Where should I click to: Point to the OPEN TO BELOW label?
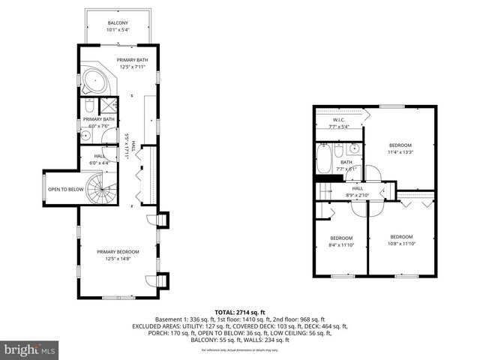point(65,190)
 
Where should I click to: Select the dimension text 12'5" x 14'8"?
point(118,259)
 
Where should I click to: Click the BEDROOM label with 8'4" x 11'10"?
point(340,238)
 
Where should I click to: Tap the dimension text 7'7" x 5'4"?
point(339,127)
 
